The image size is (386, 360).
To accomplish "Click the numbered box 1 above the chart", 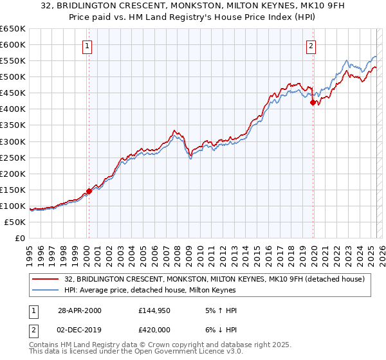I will click(87, 46).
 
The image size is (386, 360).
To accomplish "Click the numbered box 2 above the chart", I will click(311, 46).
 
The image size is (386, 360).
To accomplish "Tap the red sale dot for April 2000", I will click(89, 191).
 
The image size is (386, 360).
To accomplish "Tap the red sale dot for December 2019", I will click(313, 102).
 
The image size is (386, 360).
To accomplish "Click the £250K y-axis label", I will click(13, 157).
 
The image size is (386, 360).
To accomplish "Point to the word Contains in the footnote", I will click(44, 345).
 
